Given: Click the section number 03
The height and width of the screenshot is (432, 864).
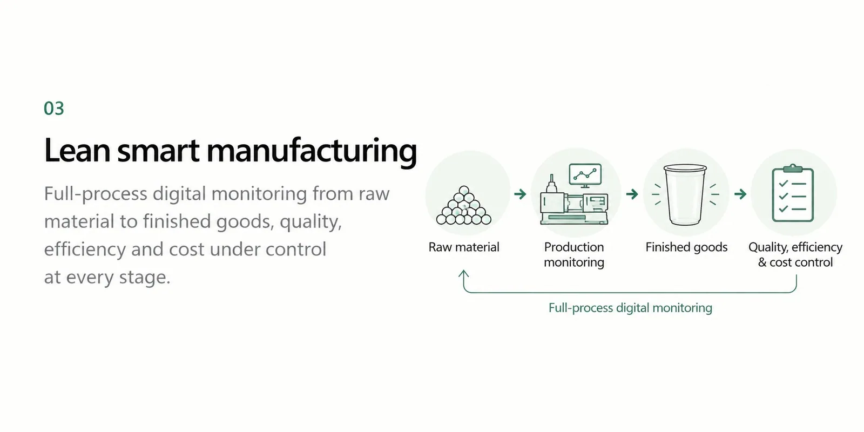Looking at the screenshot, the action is [53, 109].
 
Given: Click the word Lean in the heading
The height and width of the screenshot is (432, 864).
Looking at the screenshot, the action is [78, 151].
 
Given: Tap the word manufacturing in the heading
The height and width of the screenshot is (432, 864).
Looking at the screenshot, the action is [312, 152].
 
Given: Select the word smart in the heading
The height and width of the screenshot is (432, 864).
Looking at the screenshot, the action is [159, 151].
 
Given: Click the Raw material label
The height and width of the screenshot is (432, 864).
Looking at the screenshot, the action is [464, 247].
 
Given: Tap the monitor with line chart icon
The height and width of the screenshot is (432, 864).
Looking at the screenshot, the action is [585, 175].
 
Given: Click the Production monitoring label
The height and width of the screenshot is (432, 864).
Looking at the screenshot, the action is [574, 254].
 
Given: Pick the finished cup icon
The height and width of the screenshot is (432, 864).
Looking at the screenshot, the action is [685, 195].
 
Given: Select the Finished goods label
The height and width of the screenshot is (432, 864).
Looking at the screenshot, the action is [686, 247].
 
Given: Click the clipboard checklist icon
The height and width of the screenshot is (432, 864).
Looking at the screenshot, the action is [793, 193].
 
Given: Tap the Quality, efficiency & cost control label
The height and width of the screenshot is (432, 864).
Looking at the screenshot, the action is [795, 254].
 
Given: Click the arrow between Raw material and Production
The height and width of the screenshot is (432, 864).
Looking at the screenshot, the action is [521, 194].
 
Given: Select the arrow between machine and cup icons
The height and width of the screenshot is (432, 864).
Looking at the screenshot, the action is [632, 194].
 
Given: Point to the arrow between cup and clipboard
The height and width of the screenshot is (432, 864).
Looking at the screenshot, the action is [740, 194].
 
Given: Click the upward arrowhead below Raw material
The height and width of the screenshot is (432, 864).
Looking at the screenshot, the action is [464, 273].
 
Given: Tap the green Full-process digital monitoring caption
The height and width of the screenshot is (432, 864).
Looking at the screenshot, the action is [630, 308].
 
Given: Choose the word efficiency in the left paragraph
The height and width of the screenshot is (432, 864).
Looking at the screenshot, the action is [85, 249].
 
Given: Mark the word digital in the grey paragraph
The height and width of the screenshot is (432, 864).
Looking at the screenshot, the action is [179, 194].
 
